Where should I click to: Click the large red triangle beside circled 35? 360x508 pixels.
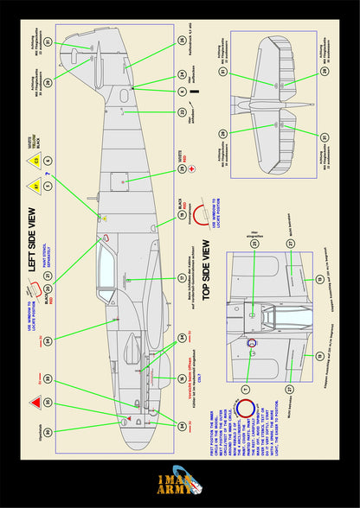pos(35,403)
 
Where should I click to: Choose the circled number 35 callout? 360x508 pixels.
pos(48,403)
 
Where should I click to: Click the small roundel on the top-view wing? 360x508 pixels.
pos(253,343)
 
